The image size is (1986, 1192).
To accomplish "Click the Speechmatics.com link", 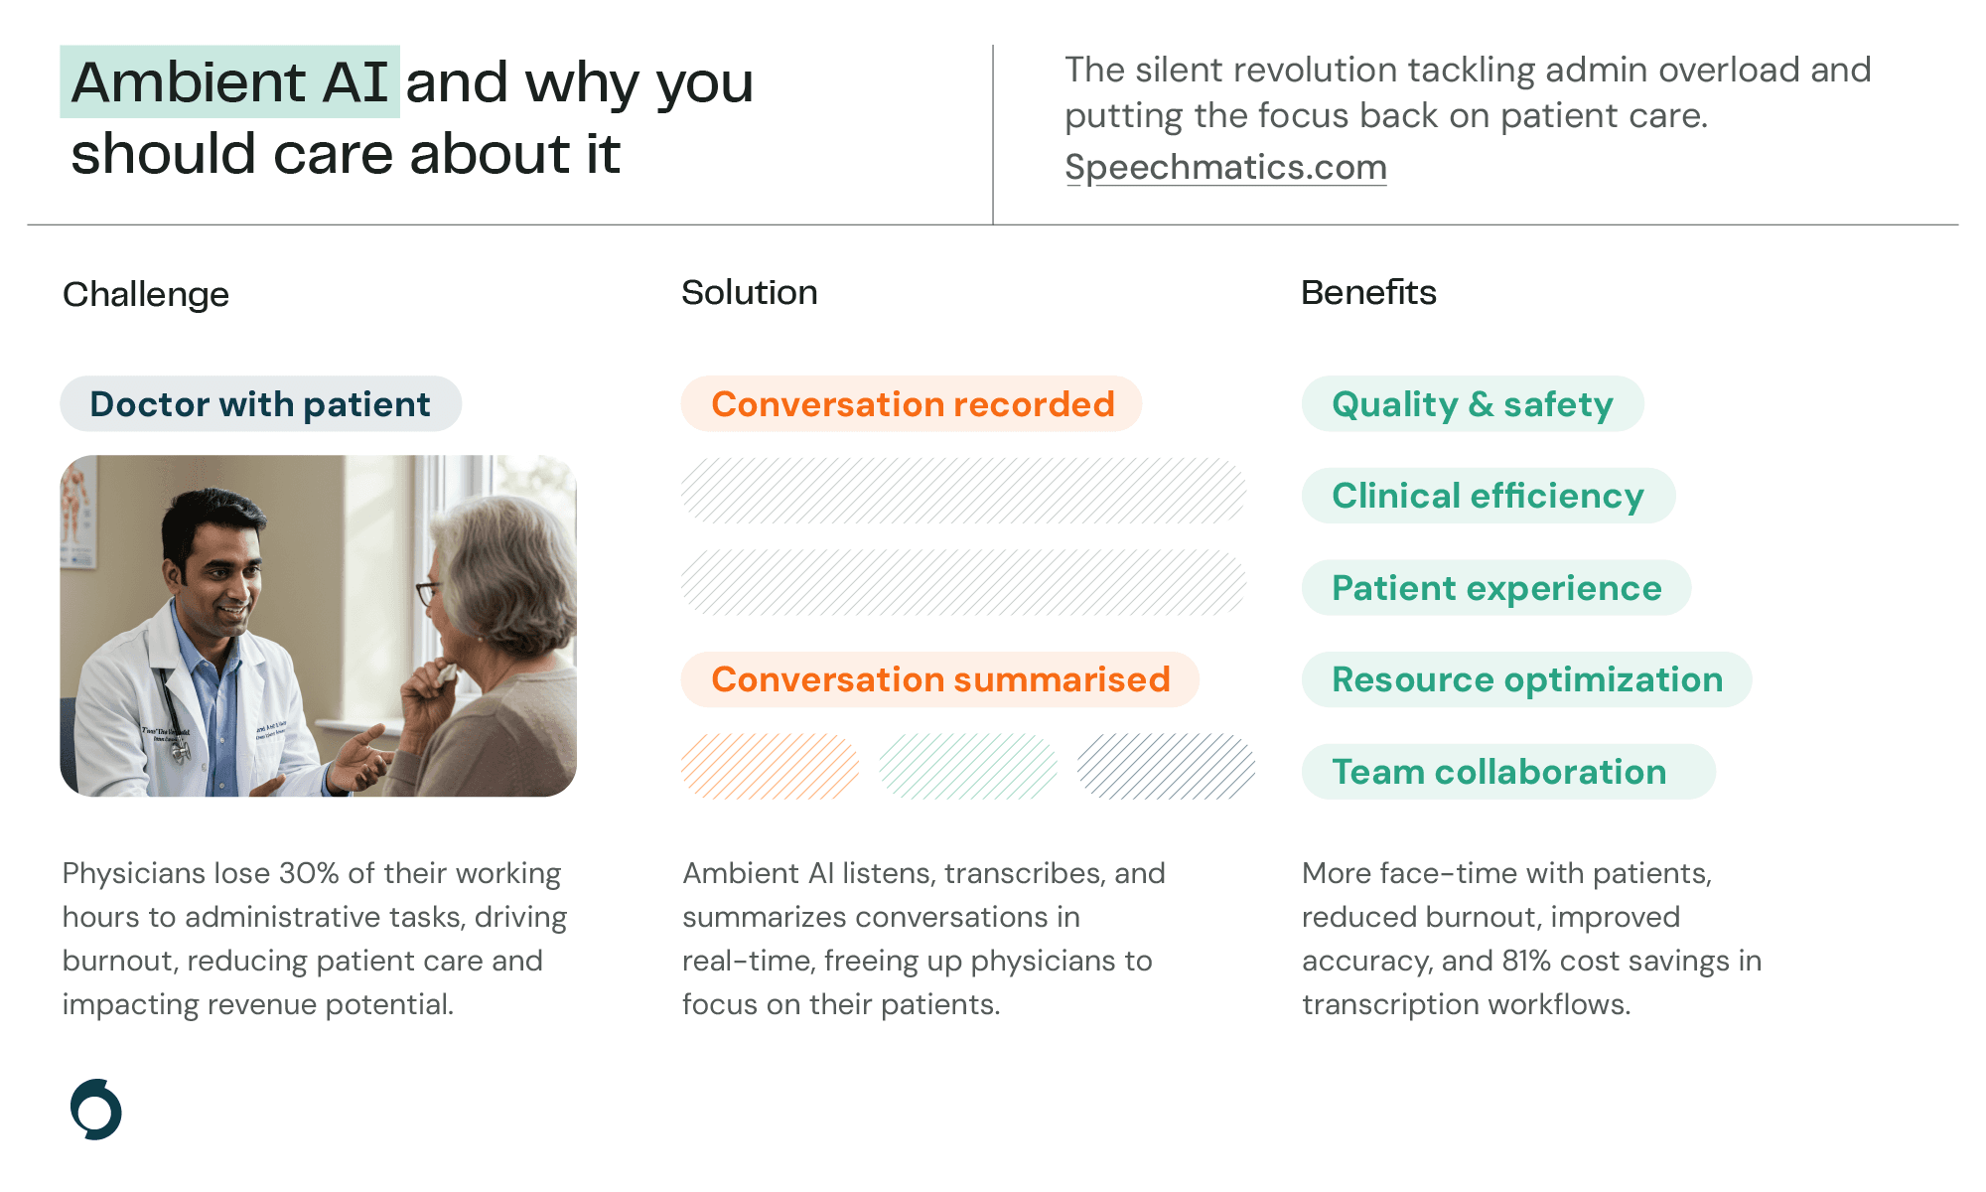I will (1225, 167).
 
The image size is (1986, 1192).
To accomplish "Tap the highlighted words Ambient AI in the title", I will (229, 82).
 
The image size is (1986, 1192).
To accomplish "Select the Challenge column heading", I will (146, 294).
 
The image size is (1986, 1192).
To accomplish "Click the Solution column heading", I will (749, 292).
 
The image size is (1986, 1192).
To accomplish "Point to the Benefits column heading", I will (1367, 292).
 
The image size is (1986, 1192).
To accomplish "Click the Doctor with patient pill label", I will (260, 404).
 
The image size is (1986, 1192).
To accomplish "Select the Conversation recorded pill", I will (912, 404).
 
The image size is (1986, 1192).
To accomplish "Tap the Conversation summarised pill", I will (939, 679).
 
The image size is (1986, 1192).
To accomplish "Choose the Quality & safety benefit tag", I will (1472, 404).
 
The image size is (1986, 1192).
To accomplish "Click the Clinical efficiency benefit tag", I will (1488, 496).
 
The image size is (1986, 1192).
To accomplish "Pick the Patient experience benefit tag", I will (1495, 588).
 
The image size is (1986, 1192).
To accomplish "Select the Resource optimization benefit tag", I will (1526, 679).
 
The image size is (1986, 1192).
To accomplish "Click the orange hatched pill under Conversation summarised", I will (770, 766).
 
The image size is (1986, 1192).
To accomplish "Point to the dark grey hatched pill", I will (1166, 766).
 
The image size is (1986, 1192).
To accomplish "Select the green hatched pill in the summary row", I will (968, 766).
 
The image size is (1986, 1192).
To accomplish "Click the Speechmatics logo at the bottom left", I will (96, 1109).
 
